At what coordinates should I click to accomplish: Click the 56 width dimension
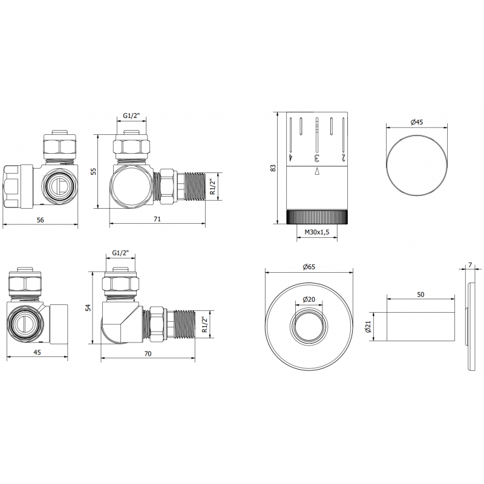tap(40, 220)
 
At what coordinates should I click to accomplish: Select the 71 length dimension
tap(157, 220)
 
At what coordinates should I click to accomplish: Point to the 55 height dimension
tap(93, 172)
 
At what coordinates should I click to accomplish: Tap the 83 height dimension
tap(273, 168)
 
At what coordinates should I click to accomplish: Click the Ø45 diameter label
tap(416, 122)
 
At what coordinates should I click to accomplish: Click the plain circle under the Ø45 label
tap(416, 165)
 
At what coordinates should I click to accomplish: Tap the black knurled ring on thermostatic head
tap(318, 217)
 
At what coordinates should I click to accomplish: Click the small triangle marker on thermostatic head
tap(316, 172)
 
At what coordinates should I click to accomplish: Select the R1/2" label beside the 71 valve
tap(211, 187)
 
